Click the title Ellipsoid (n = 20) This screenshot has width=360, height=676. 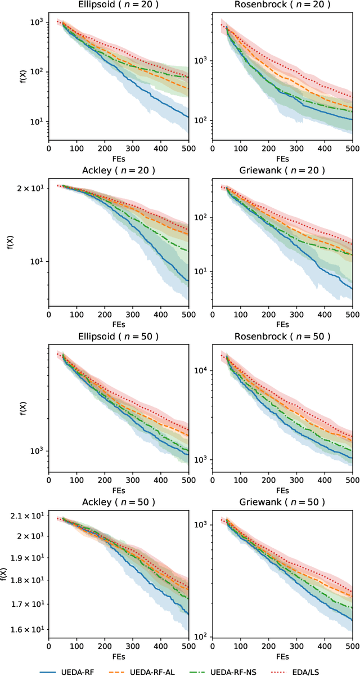pyautogui.click(x=118, y=6)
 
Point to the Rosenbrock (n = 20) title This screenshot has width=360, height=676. pyautogui.click(x=282, y=6)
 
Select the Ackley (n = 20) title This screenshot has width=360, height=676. pyautogui.click(x=118, y=171)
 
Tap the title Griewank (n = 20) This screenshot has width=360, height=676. pyautogui.click(x=282, y=171)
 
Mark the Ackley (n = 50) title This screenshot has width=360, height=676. pyautogui.click(x=118, y=502)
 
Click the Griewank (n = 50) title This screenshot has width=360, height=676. pyautogui.click(x=282, y=502)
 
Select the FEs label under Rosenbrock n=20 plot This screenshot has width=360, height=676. pyautogui.click(x=282, y=159)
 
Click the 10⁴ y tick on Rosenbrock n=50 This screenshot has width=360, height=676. pyautogui.click(x=201, y=370)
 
